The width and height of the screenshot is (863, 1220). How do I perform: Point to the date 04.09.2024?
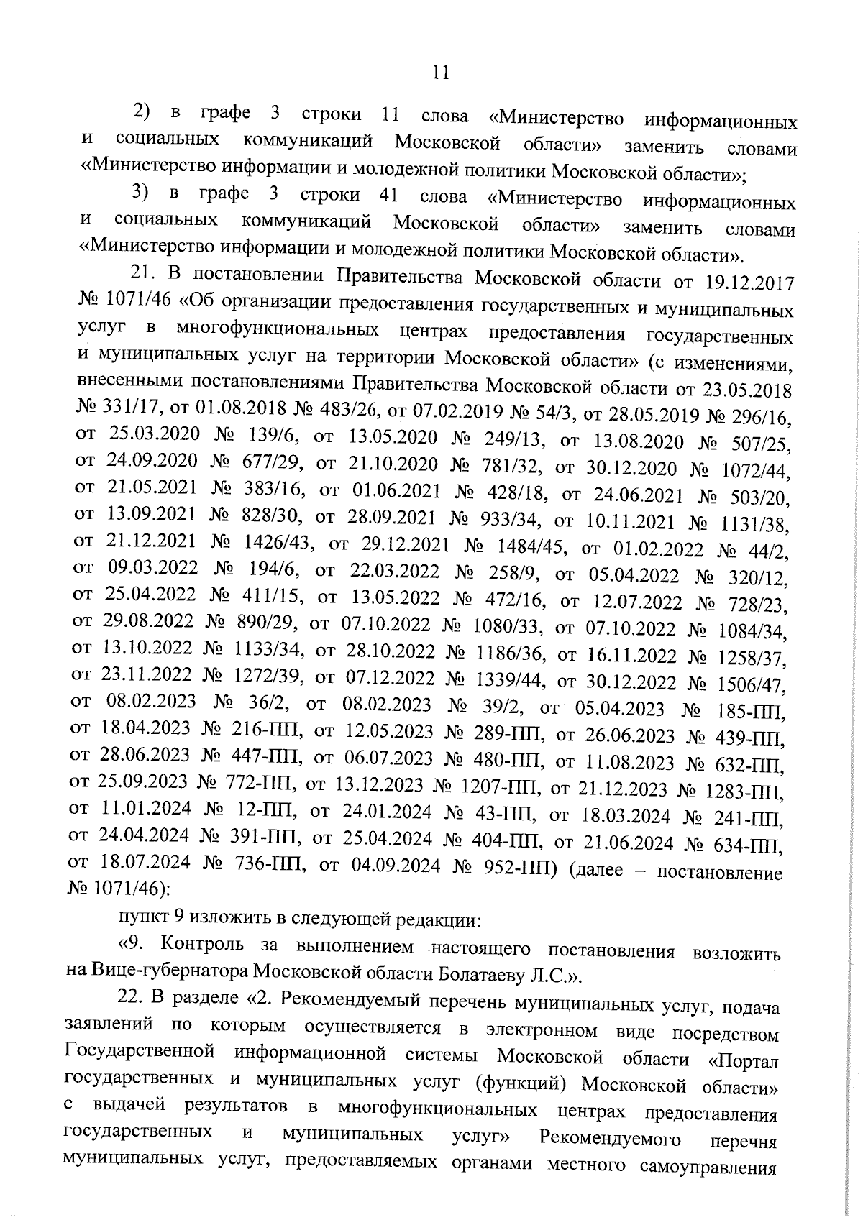coord(396,866)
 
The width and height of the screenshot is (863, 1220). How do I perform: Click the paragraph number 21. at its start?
coord(142,274)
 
